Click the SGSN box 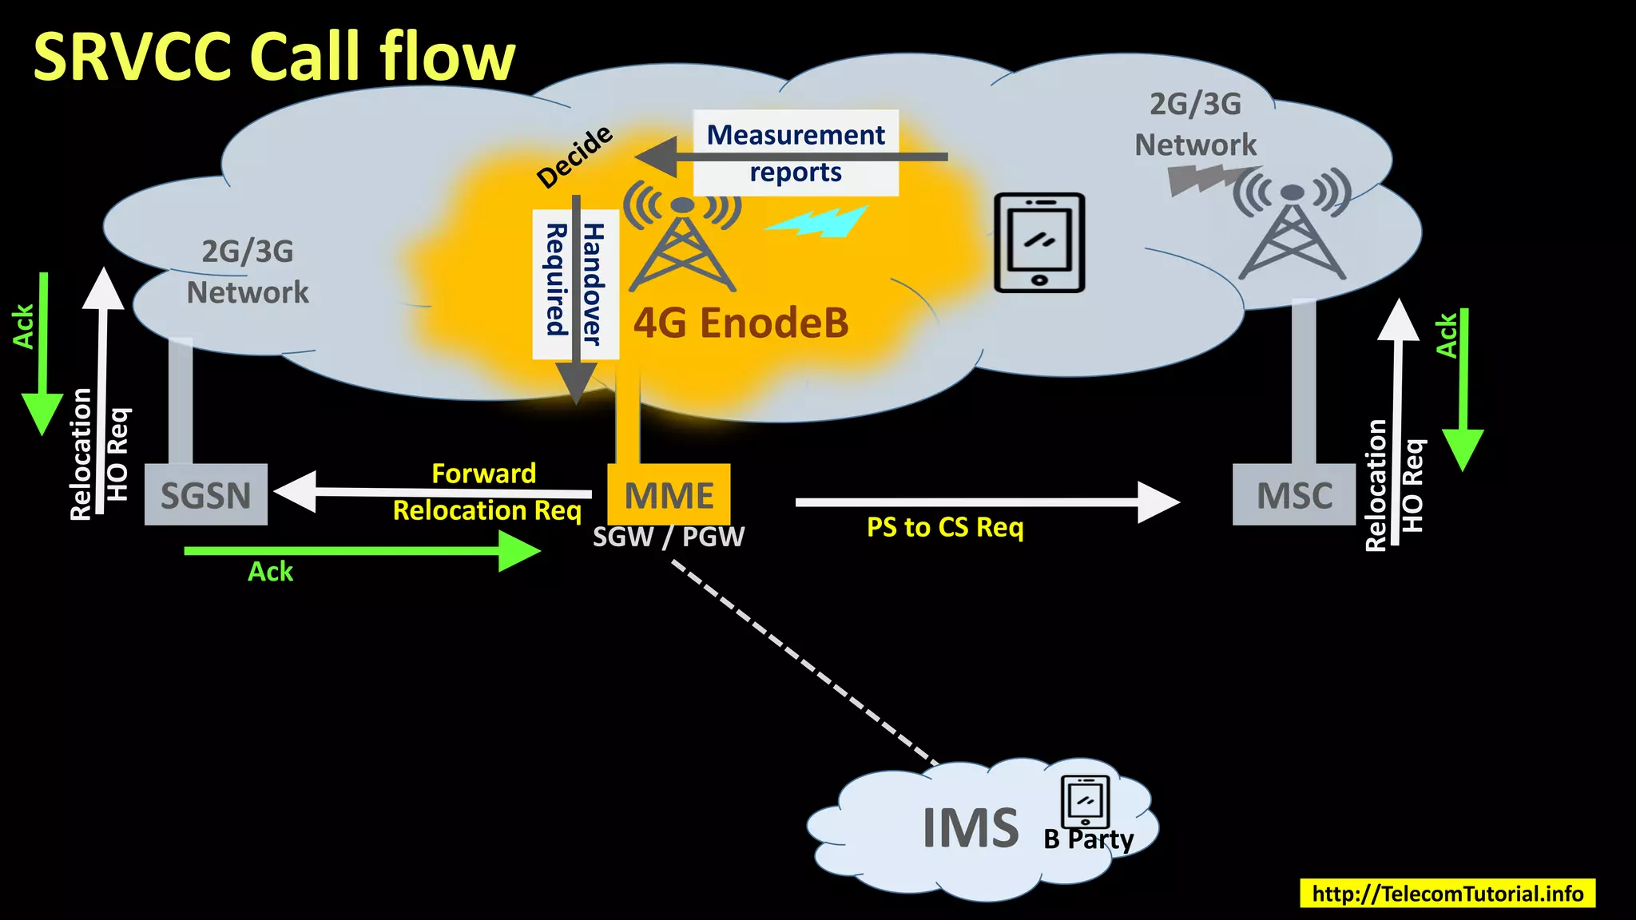point(205,494)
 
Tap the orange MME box point(669,494)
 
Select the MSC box point(1293,494)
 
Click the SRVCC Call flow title point(274,57)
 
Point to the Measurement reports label point(796,153)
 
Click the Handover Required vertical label point(575,284)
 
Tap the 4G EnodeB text point(741,323)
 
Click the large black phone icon point(1039,243)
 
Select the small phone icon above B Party point(1085,802)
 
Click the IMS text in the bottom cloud point(971,828)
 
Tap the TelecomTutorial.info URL point(1447,893)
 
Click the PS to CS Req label point(945,527)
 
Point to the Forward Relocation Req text point(486,492)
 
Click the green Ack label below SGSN point(270,572)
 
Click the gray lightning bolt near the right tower point(1202,179)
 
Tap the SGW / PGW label point(668,537)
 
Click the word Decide point(574,157)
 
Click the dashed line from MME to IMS point(803,661)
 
